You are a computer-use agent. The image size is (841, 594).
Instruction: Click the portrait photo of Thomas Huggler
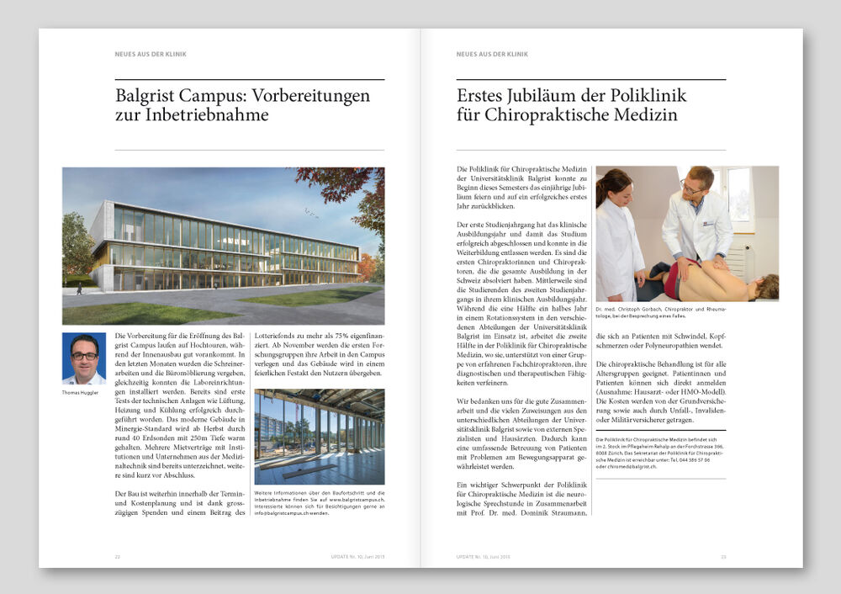(x=84, y=358)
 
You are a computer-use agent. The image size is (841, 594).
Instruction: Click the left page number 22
(x=118, y=556)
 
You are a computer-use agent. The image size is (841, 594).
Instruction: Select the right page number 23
(x=723, y=556)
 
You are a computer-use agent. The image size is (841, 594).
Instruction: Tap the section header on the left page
(x=151, y=54)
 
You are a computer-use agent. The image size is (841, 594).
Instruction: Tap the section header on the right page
(x=492, y=54)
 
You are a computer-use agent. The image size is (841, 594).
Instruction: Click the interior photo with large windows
(x=319, y=437)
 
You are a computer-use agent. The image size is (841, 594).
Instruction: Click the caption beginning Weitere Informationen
(x=319, y=502)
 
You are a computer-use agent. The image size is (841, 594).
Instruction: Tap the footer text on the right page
(x=483, y=556)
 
